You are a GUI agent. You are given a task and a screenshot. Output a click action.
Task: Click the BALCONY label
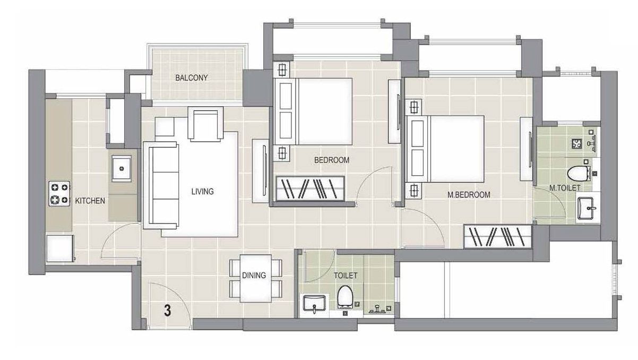192,78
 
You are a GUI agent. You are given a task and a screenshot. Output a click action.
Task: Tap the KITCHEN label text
90,201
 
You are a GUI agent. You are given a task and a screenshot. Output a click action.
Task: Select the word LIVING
203,191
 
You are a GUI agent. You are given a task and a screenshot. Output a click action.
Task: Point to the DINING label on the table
254,276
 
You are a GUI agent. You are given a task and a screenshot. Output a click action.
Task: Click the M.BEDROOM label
469,195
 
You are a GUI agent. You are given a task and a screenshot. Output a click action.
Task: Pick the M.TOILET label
565,188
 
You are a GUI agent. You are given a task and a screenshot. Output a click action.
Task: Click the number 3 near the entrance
168,311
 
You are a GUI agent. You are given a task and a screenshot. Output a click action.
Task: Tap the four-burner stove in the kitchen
59,193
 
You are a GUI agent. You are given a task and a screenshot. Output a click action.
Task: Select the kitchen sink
122,168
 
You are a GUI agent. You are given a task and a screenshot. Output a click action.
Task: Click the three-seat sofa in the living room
161,185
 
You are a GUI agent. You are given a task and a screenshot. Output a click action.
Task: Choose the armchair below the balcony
205,124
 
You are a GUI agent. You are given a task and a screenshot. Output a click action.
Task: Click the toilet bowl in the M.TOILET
578,174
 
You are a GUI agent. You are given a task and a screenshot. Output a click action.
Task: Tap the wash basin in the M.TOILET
585,208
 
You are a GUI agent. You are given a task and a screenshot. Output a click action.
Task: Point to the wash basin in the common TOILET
314,303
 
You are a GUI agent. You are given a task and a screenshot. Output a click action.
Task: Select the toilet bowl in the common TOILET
345,296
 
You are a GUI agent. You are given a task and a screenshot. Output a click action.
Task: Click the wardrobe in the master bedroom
497,237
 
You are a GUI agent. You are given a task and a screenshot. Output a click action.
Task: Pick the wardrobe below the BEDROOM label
310,188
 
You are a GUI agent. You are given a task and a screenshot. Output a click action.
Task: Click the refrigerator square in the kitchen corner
60,248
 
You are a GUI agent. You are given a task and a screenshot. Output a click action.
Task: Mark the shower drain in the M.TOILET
577,143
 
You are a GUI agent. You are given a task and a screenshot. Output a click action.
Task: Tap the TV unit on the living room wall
260,171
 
